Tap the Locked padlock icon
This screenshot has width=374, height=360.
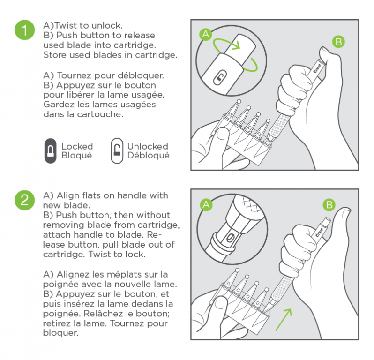click(x=50, y=151)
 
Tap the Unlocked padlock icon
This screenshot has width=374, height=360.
click(x=117, y=151)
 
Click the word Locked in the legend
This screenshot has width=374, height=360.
click(x=77, y=147)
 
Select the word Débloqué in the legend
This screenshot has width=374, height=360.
click(x=148, y=156)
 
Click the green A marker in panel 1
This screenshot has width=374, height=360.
click(x=205, y=34)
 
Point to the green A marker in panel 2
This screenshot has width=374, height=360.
click(x=205, y=204)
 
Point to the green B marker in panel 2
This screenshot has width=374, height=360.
click(x=329, y=204)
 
